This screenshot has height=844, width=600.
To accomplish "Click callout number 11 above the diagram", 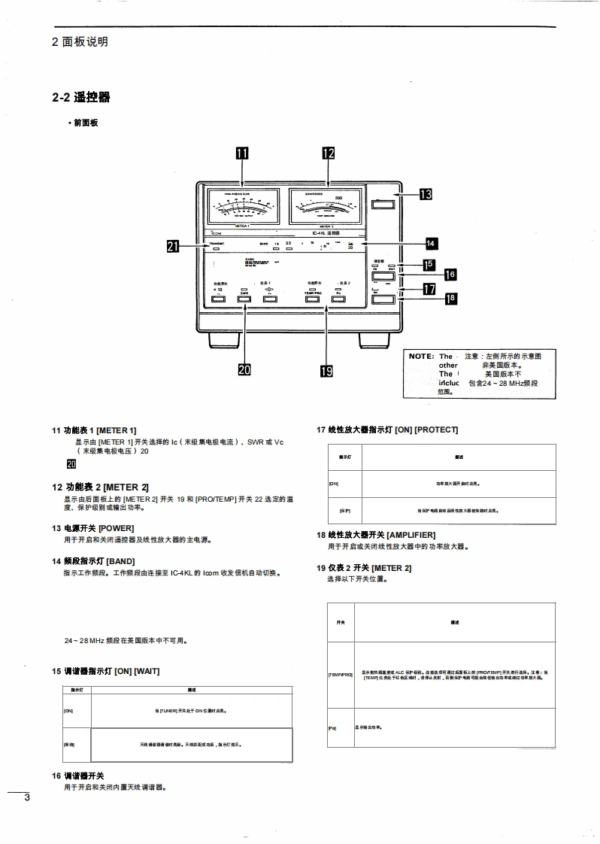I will click(x=241, y=153).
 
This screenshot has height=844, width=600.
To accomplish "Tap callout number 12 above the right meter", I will click(x=329, y=153).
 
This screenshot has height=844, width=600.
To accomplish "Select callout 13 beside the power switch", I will click(x=426, y=194).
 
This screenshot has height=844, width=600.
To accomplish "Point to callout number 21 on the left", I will click(x=174, y=245).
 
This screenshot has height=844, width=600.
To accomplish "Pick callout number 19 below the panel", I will click(x=327, y=370).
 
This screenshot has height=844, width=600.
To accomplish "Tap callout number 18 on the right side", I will click(x=450, y=299).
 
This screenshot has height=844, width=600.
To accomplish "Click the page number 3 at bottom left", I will click(x=26, y=797).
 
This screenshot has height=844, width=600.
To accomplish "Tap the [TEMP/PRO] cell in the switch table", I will click(x=341, y=676).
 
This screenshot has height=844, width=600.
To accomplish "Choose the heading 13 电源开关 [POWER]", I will click(x=92, y=528).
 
